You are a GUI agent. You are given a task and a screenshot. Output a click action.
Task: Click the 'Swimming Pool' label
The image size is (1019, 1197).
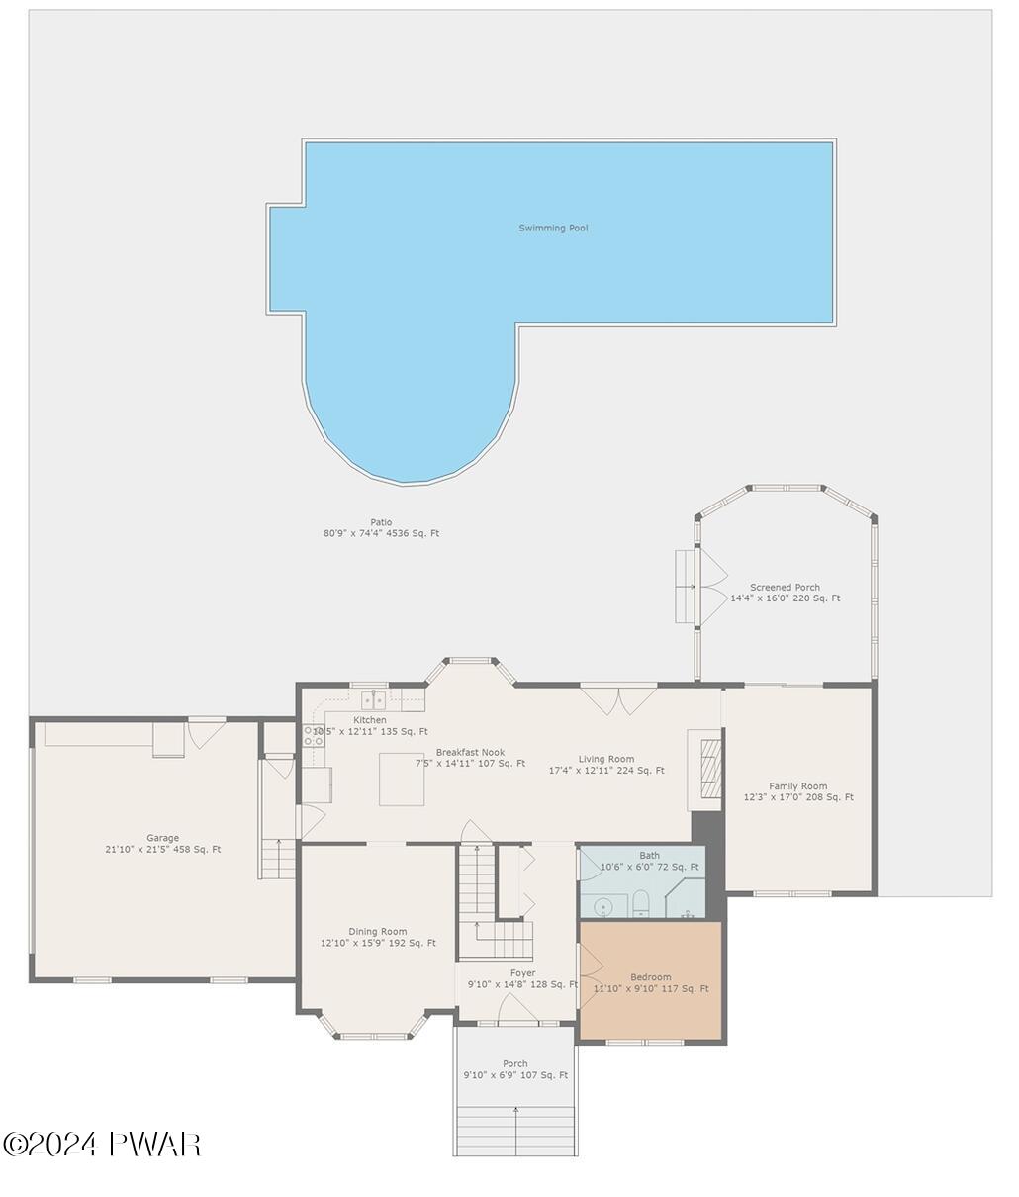tap(553, 229)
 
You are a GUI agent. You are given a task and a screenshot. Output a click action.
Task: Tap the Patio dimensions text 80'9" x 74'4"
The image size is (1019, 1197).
tap(381, 533)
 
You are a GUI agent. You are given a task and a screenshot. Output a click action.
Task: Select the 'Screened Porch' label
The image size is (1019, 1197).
tap(785, 588)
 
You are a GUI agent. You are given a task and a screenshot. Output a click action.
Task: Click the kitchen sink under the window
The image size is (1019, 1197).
tap(373, 700)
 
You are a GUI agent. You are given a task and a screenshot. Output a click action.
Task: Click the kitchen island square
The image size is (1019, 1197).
tap(402, 780)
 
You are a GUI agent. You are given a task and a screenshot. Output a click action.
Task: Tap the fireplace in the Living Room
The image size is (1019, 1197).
tap(705, 763)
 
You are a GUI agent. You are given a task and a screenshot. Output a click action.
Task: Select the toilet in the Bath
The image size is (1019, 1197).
tap(640, 902)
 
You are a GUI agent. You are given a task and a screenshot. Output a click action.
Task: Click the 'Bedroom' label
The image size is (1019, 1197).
tap(651, 977)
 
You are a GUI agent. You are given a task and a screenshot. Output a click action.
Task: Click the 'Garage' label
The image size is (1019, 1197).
tap(163, 838)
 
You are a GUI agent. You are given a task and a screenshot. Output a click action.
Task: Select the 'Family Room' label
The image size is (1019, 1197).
tap(798, 786)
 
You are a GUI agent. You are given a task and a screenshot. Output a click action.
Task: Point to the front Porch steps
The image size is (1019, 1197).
tap(515, 1130)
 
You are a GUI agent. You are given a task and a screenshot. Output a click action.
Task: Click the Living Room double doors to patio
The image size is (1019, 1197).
tap(618, 699)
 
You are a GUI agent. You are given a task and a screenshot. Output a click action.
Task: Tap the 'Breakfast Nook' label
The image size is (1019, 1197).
tap(470, 753)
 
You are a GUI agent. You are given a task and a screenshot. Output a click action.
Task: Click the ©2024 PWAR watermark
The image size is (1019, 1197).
tap(102, 1145)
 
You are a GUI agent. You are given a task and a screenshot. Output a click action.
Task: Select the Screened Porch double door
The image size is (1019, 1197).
tap(712, 587)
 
